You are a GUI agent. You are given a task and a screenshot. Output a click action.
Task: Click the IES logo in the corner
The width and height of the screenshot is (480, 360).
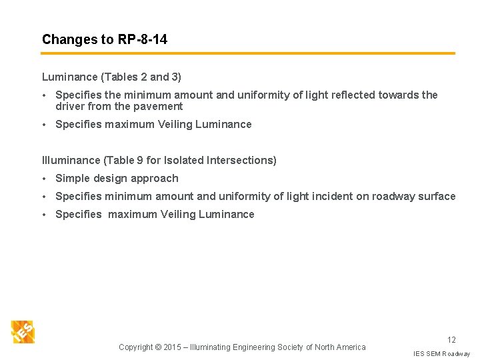pos(23,331)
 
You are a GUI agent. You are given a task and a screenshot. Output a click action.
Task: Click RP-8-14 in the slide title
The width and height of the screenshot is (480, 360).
pos(143,39)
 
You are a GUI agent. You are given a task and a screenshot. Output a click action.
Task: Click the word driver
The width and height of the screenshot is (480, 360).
pos(70,106)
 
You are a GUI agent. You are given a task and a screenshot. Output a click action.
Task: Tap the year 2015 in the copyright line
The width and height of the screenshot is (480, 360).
pos(172,347)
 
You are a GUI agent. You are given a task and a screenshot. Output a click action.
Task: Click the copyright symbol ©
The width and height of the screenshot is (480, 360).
pos(157,347)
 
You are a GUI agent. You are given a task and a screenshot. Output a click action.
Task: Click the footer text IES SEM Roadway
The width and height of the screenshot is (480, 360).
pos(441,353)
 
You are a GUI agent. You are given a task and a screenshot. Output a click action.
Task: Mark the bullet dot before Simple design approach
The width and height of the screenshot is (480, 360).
pos(45,178)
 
